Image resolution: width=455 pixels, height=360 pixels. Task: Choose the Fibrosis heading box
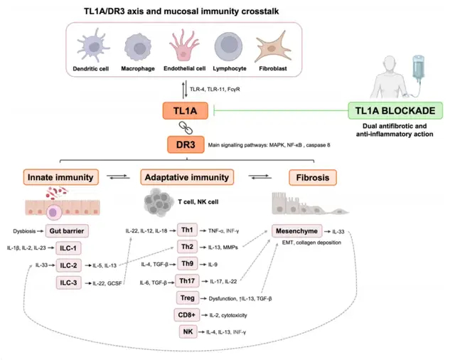pos(313,176)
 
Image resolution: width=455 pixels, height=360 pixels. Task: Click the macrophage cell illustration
pos(140,47)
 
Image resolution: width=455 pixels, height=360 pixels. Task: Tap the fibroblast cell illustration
pos(277,48)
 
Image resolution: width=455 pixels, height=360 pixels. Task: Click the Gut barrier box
pos(68,231)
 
